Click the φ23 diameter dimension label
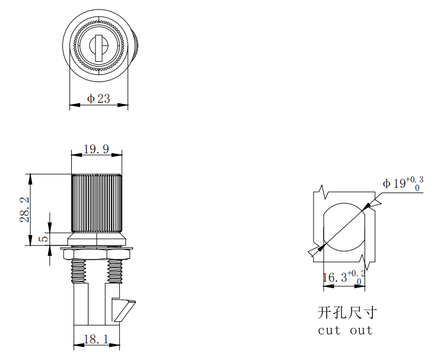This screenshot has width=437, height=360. [99, 99]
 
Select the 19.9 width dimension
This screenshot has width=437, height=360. [96, 149]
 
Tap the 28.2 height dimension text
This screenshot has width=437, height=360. [24, 210]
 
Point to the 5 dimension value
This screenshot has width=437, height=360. [44, 239]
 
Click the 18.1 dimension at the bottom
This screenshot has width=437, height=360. [96, 339]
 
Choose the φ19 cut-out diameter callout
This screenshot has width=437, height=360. [403, 183]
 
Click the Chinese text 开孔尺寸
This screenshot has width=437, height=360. [347, 312]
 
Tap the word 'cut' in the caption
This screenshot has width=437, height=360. [329, 330]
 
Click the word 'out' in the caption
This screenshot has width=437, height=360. [361, 330]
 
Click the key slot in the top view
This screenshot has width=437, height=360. [99, 48]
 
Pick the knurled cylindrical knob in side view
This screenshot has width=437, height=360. [96, 203]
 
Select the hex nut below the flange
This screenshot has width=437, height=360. [96, 255]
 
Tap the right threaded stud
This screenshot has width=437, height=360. [114, 271]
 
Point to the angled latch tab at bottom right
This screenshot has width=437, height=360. [123, 310]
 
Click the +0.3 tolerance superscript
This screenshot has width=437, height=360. [414, 179]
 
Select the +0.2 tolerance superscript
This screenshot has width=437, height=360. [356, 274]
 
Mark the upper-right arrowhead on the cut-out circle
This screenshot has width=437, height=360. [367, 206]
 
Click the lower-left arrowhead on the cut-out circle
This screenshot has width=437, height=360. [322, 247]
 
